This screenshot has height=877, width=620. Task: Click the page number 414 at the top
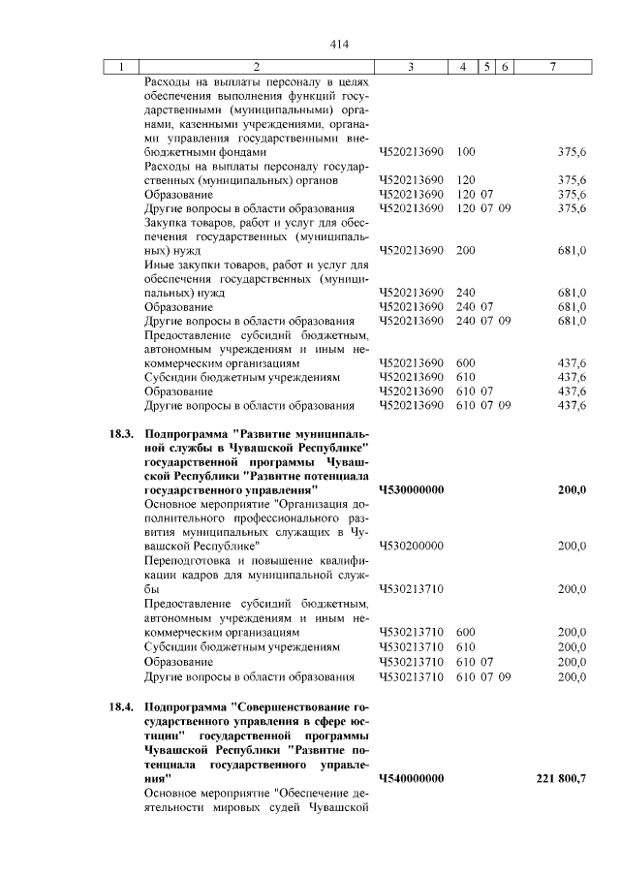click(338, 45)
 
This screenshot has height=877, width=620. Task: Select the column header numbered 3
click(412, 67)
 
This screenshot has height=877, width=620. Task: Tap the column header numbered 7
click(552, 67)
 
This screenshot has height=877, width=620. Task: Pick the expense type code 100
click(465, 152)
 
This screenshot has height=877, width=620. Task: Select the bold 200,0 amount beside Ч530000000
click(572, 490)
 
